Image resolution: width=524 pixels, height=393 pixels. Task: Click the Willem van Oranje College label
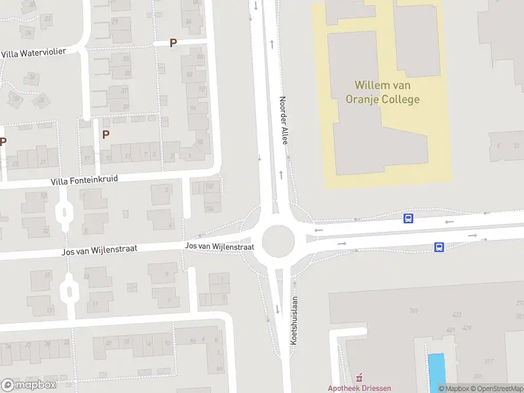coord(386,92)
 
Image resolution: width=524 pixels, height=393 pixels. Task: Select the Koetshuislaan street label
coord(294,321)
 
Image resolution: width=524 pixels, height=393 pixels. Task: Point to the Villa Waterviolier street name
coord(33,52)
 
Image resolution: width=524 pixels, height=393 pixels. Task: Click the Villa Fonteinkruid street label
coord(85,181)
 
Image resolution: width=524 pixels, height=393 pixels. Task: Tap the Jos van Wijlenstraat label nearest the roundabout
coord(219,246)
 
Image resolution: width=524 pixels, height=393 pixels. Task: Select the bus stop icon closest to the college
coord(408,219)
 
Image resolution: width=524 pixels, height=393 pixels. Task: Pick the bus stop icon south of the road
coord(439,247)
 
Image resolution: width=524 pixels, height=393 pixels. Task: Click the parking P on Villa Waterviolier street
coord(173,43)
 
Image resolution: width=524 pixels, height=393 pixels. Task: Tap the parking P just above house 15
coord(105,134)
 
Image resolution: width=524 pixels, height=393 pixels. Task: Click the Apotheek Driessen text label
coord(360,388)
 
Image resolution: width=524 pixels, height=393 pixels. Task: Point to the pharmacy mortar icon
coord(359,378)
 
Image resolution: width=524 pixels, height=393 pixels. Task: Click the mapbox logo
coord(29,385)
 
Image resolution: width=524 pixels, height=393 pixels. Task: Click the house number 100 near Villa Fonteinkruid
coord(209,187)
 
